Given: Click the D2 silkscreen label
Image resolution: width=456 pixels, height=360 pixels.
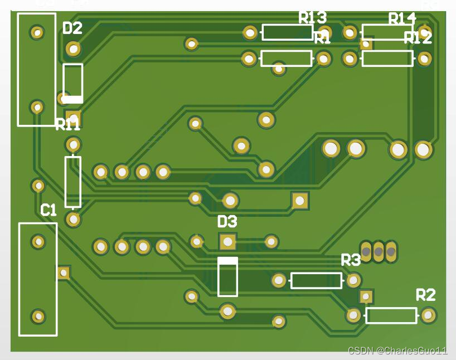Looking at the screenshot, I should coord(72,28).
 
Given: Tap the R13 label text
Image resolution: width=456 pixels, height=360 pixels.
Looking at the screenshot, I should coord(313,18).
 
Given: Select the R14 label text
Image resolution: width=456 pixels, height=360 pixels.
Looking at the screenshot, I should coord(402,19).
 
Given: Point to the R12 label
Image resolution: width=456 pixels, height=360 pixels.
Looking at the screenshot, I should coord(418,38).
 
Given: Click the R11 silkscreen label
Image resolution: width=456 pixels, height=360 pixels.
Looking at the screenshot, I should coord(67,125).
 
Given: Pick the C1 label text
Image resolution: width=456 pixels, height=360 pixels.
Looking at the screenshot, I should coord(48,210).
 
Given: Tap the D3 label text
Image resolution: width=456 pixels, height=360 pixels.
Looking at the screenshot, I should coord(227,222).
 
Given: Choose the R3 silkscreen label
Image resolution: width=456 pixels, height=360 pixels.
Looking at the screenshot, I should coord(351,260).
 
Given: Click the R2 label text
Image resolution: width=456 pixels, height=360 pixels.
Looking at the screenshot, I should coord(425,295).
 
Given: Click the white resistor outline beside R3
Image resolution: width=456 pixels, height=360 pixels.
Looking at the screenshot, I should coord(316,280).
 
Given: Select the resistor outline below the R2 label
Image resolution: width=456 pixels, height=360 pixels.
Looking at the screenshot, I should coord(391,315).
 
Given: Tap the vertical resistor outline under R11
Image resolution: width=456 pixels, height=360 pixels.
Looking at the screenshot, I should coord(73,182).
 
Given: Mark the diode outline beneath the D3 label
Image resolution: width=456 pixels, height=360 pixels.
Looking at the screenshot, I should coord(227,276).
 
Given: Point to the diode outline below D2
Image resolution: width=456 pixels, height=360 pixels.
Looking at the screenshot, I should coord(72,83).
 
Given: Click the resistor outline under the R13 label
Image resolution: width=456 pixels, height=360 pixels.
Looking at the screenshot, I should coord(287,32).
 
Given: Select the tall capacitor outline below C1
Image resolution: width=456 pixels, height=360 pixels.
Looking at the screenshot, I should coord(38,279).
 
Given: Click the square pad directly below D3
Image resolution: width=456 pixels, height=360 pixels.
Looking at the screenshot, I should coord(227,241).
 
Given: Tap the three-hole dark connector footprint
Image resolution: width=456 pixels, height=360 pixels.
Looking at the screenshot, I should coord(379,252).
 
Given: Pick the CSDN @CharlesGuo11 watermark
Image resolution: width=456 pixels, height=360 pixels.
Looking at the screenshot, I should coord(397,351).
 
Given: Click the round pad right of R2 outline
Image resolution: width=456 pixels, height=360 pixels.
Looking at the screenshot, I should coord(428,315).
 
